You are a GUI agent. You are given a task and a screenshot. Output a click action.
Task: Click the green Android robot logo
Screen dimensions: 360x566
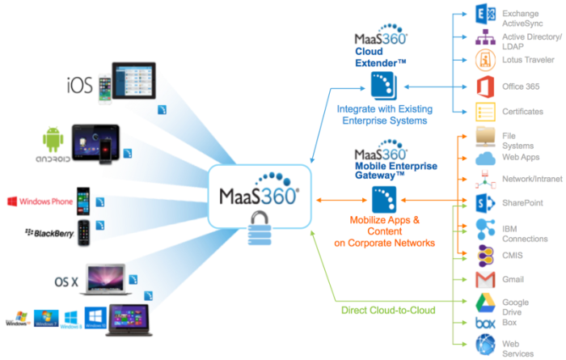pyautogui.click(x=53, y=139)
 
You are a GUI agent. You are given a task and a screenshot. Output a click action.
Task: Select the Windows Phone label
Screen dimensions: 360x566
pyautogui.click(x=45, y=201)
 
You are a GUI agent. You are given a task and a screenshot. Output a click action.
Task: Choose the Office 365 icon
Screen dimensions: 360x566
pyautogui.click(x=485, y=85)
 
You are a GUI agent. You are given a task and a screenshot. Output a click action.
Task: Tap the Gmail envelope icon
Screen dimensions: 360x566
pyautogui.click(x=485, y=280)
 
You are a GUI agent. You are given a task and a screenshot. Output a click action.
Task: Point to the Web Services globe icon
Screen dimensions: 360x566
pyautogui.click(x=485, y=345)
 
